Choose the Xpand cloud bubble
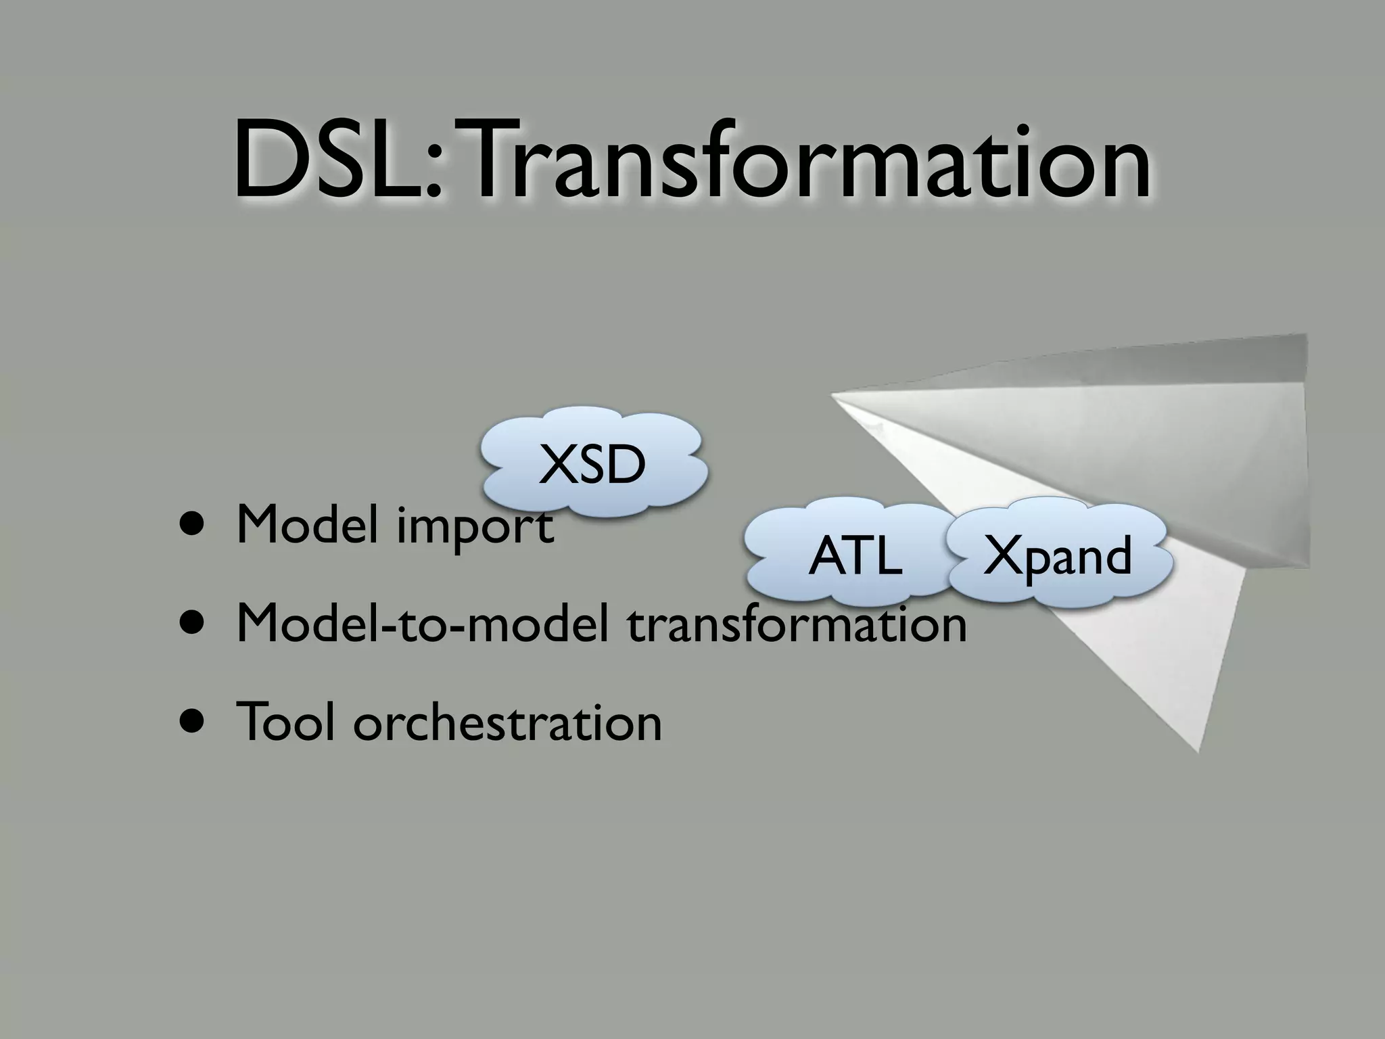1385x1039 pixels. (x=1056, y=555)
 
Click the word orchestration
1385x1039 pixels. (x=507, y=722)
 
